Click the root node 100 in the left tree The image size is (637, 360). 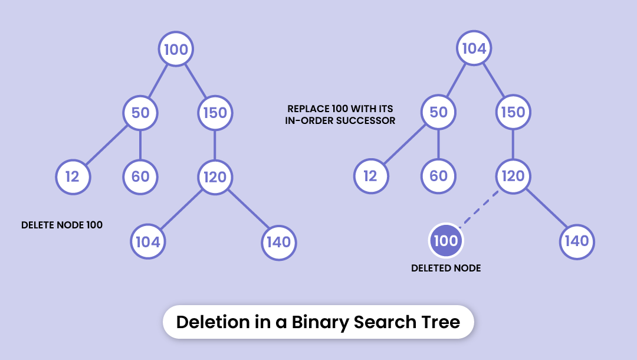176,49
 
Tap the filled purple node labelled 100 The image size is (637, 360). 446,241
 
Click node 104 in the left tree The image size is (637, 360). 148,241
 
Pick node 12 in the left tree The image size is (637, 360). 73,176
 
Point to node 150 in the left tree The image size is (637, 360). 215,112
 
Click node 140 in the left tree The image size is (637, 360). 278,241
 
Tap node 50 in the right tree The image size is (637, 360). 438,112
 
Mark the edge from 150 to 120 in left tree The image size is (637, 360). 215,145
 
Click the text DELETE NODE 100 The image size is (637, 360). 62,225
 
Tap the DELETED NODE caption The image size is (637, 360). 446,269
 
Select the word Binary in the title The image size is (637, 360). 320,322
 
